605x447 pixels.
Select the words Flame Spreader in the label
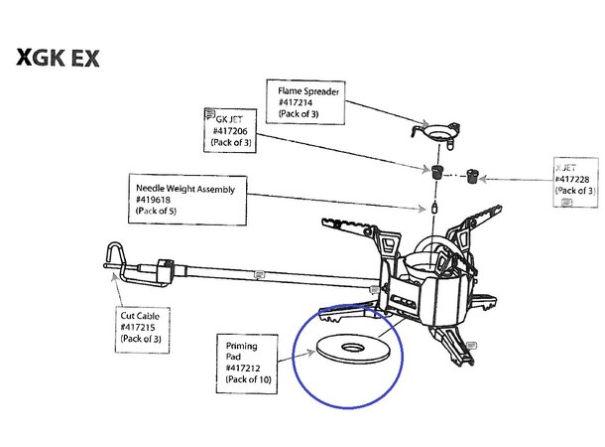click(x=307, y=90)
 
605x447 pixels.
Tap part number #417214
click(x=296, y=101)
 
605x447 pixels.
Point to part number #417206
click(x=230, y=131)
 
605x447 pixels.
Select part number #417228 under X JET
click(x=575, y=179)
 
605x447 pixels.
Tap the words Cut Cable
click(x=140, y=315)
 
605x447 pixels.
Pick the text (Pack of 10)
click(x=248, y=379)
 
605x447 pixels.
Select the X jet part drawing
click(x=471, y=177)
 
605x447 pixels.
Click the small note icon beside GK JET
click(x=209, y=114)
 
